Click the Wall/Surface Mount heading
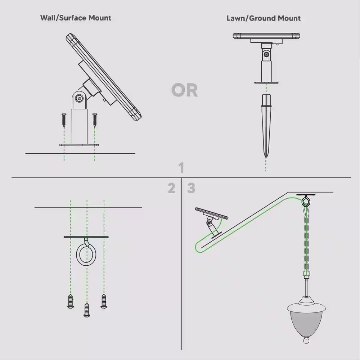coord(76,18)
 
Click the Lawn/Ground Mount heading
coord(264,18)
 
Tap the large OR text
coord(184,90)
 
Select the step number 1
coord(181,168)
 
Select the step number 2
coord(171,188)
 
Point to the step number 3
coord(191,188)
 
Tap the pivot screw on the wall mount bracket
coord(79,98)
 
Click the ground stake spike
coord(266,126)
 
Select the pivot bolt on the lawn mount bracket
coord(266,54)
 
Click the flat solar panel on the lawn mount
coord(266,36)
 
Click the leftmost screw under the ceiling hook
coord(70,302)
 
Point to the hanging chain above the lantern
coord(306,238)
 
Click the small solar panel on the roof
coord(212,213)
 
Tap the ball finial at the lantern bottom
coord(306,340)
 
